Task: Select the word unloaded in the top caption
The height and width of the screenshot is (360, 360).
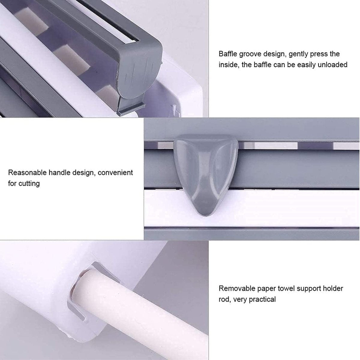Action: coord(331,64)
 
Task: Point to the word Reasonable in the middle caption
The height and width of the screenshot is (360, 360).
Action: coord(27,173)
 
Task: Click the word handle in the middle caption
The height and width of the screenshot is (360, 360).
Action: coord(59,173)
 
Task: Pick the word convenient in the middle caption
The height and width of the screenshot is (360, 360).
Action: coord(115,173)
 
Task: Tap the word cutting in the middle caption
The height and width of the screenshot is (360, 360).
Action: coord(29,183)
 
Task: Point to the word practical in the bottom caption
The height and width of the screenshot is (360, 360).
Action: coord(261,299)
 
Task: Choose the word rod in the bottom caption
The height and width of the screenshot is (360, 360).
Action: coord(224,299)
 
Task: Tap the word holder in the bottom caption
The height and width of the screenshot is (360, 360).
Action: coord(333,289)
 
